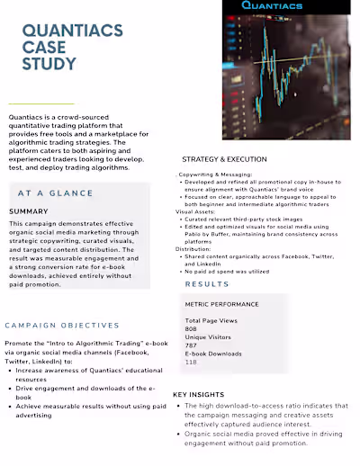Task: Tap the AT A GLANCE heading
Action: click(55, 193)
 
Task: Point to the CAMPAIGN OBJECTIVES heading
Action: click(62, 325)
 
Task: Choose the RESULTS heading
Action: click(207, 284)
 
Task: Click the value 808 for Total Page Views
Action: click(192, 328)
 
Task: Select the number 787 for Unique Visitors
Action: click(191, 345)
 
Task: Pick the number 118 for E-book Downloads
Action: click(191, 362)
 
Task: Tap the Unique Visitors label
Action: click(209, 336)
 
